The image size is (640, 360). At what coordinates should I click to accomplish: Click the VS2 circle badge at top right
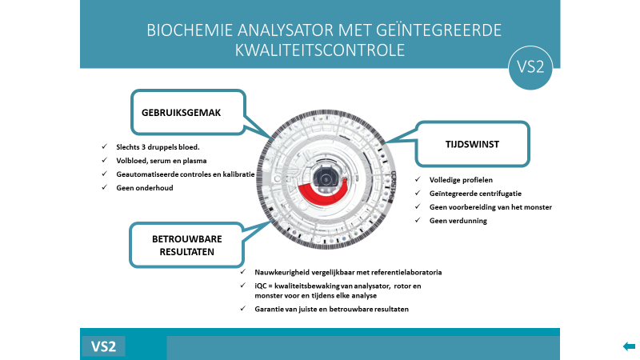[x=530, y=67]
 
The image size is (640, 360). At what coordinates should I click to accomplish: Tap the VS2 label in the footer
[x=104, y=346]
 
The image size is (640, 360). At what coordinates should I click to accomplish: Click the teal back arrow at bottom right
[x=629, y=346]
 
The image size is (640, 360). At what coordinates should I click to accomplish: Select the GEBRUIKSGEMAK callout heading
[x=182, y=113]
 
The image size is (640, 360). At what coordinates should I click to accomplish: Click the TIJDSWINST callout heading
[x=472, y=144]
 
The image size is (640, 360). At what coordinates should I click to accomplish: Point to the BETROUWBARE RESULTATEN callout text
[x=187, y=246]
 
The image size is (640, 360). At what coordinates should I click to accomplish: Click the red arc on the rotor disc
[x=322, y=193]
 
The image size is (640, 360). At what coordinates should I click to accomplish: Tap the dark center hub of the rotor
[x=326, y=179]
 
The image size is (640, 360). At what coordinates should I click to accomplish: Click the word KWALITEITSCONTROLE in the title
[x=320, y=50]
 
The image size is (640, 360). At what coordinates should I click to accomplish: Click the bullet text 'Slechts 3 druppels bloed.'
[x=158, y=147]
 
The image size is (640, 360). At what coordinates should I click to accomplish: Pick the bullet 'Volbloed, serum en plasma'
[x=162, y=161]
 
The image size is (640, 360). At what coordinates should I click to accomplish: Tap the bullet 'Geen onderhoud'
[x=145, y=188]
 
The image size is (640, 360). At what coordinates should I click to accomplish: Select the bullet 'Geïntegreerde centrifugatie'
[x=475, y=194]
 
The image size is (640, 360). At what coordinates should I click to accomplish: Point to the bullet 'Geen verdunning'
[x=458, y=221]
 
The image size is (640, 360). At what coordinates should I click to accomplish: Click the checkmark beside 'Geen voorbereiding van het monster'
[x=418, y=206]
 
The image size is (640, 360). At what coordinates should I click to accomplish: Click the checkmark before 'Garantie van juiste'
[x=243, y=309]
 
